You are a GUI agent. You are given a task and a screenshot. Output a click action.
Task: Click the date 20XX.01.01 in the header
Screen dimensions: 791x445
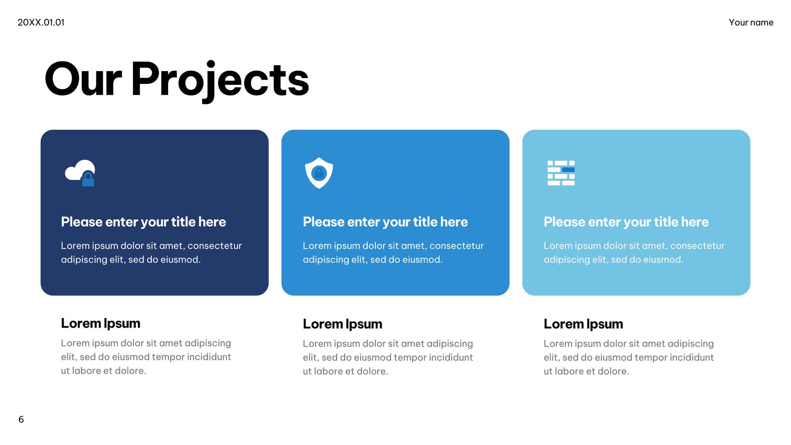point(41,22)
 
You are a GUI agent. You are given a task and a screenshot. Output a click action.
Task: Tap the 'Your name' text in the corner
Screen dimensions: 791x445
point(751,22)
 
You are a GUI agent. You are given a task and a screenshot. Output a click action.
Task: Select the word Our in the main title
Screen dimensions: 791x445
point(83,80)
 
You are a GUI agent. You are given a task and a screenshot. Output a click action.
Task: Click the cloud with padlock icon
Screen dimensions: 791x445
point(80,173)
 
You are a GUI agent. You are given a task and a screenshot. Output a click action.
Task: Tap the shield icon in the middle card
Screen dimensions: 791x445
point(319,173)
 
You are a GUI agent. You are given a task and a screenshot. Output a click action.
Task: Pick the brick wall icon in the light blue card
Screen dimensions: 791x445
point(561,173)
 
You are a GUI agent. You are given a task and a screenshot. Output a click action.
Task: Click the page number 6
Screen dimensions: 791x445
point(21,419)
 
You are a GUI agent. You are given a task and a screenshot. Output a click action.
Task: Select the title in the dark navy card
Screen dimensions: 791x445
point(143,222)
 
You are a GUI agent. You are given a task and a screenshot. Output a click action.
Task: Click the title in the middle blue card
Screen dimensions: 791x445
point(385,222)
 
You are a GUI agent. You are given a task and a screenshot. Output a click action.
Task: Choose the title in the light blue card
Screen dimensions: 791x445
point(626,222)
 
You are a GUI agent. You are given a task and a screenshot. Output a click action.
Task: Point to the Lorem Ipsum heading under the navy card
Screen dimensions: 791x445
point(100,324)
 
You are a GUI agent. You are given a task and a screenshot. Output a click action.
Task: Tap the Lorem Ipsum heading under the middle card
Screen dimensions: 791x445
point(342,324)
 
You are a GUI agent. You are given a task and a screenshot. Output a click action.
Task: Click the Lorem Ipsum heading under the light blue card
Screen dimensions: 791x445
point(583,324)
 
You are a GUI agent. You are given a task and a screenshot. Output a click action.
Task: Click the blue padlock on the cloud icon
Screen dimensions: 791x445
point(88,179)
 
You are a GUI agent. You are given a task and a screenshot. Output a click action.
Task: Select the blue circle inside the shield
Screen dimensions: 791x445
point(319,173)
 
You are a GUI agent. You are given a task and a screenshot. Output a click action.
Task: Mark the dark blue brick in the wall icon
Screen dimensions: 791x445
point(568,170)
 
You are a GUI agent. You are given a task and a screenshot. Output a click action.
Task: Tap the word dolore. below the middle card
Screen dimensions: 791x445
point(372,371)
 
